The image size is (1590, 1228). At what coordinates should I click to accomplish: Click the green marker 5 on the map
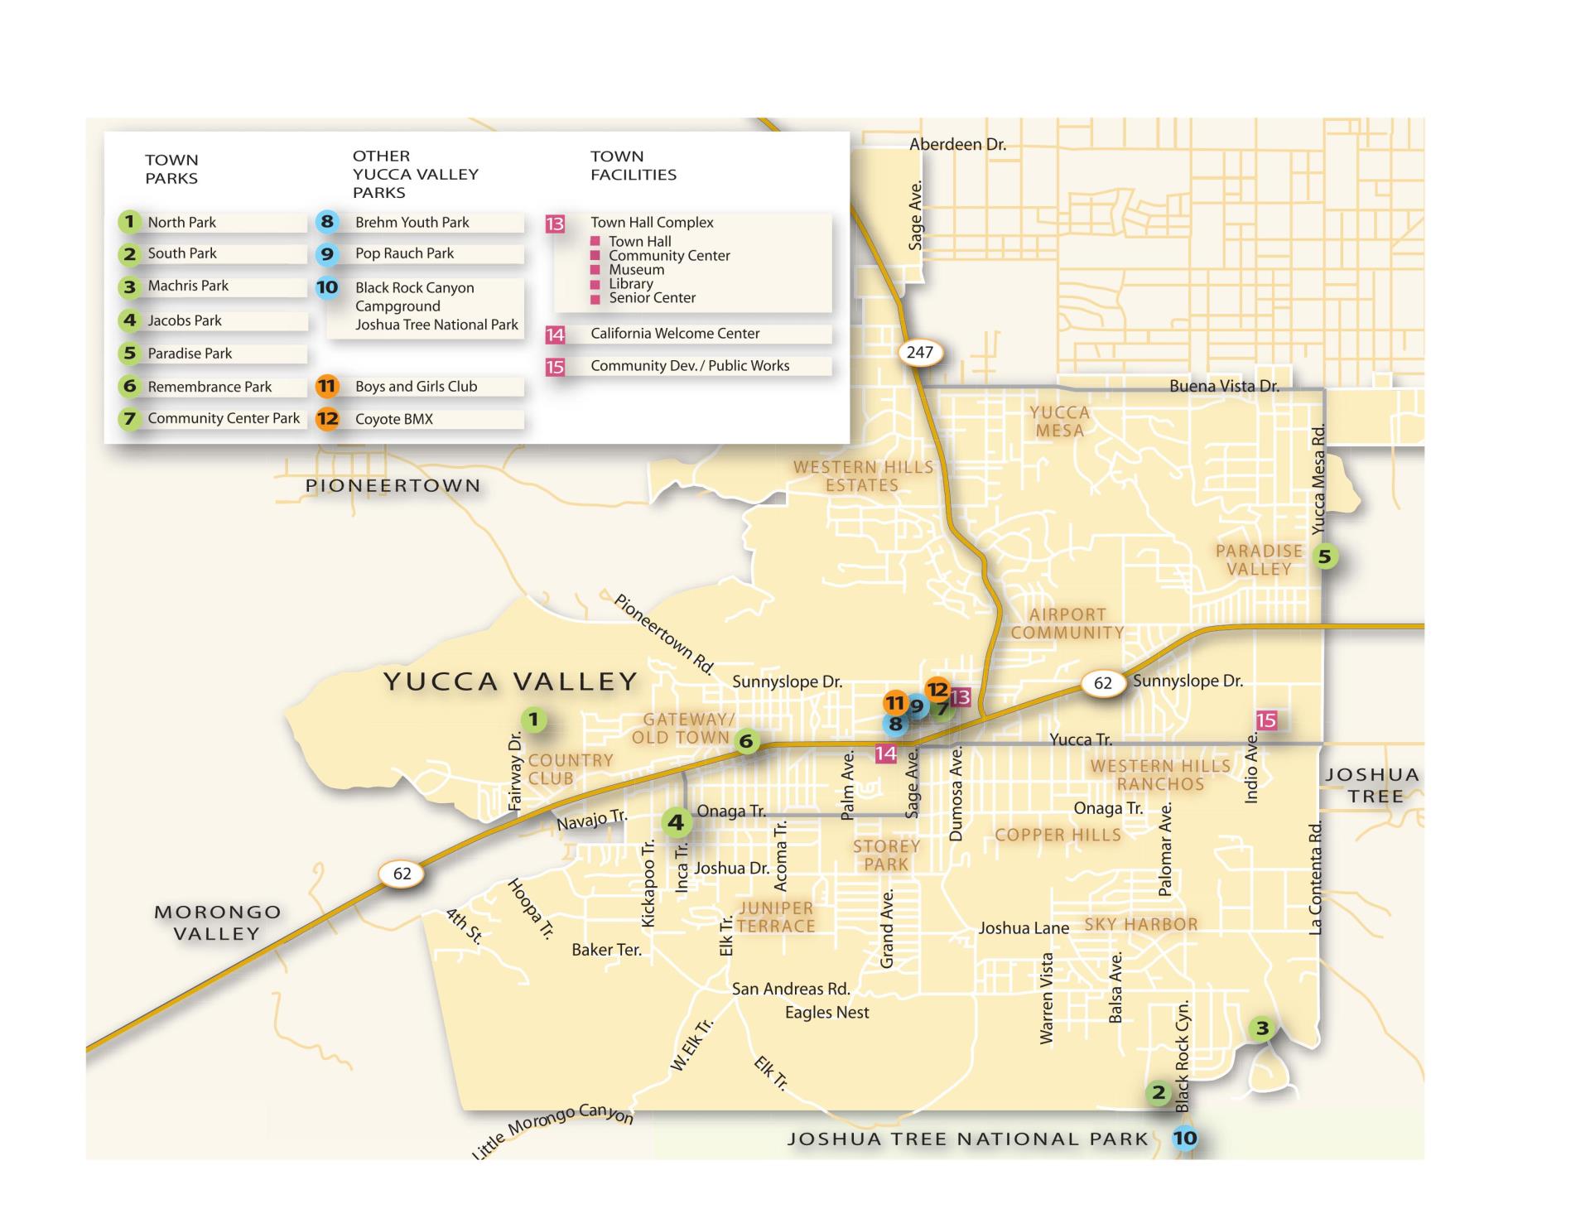pos(1324,556)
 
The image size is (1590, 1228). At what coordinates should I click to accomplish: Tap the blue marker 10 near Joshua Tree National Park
pos(1185,1139)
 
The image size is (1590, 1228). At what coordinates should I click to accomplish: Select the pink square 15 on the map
pos(1266,720)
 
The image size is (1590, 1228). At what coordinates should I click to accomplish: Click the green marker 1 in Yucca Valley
pos(534,720)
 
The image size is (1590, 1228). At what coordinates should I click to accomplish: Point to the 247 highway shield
pos(919,352)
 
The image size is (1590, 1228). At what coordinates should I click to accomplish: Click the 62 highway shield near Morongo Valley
pos(402,874)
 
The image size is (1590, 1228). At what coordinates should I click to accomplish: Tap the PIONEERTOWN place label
pos(393,486)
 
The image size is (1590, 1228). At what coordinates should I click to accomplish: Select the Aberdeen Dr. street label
pos(957,144)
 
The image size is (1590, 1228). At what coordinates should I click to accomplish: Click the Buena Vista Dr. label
pos(1223,386)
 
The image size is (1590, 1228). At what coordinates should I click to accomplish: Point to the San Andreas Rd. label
pos(791,989)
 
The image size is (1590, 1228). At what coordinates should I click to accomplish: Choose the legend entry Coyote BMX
pos(394,419)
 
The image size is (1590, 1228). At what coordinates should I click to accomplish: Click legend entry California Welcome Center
pos(675,334)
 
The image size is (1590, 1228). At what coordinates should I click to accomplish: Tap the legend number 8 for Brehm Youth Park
pos(327,222)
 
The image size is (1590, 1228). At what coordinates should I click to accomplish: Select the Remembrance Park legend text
pos(210,387)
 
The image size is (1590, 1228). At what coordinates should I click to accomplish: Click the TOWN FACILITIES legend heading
pos(633,166)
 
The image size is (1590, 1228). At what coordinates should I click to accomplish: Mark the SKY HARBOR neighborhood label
pos(1141,925)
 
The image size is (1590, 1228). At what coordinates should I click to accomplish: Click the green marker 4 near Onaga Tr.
pos(676,822)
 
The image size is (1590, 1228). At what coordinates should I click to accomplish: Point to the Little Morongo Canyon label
pos(552,1129)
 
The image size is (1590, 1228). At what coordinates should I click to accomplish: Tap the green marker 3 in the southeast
pos(1262,1028)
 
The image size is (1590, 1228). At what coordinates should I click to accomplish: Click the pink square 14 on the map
pos(885,754)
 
